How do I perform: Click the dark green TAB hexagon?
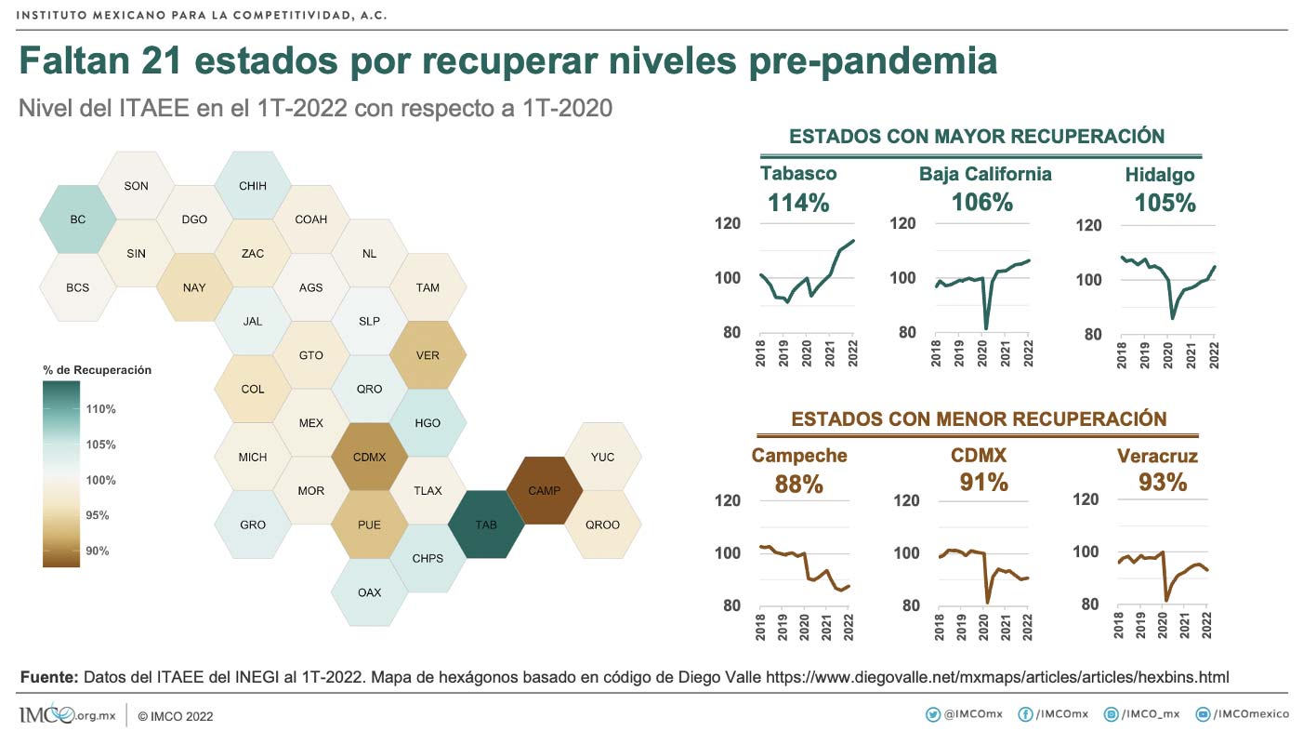[x=486, y=525]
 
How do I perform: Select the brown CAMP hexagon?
[x=544, y=490]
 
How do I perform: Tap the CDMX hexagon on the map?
[x=369, y=457]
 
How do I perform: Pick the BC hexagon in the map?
[x=78, y=219]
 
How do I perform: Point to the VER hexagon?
[x=428, y=355]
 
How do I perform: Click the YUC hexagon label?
[x=602, y=457]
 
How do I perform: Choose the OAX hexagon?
[x=369, y=592]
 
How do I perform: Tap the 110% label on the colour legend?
[x=100, y=409]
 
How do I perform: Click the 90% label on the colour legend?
[x=98, y=551]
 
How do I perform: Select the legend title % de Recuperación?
[x=97, y=370]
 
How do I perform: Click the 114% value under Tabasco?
[x=798, y=203]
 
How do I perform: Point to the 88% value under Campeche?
[x=798, y=485]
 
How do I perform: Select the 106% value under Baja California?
[x=982, y=203]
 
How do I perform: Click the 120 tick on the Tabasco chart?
[x=728, y=223]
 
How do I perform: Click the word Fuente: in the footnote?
[x=48, y=678]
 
